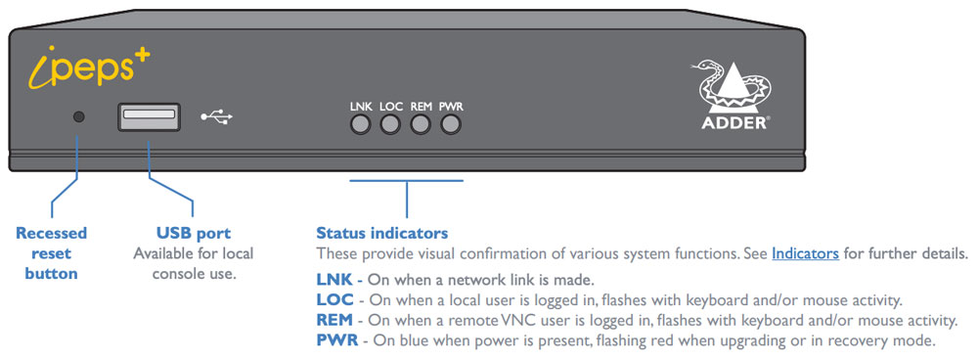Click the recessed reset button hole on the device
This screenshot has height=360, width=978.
point(79,116)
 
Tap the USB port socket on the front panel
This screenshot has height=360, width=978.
point(149,117)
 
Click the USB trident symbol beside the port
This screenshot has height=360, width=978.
point(217,116)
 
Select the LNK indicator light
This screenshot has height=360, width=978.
point(361,124)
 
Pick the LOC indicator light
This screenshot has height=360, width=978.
point(390,124)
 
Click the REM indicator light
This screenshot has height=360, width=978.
point(421,124)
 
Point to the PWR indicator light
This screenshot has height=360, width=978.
point(450,124)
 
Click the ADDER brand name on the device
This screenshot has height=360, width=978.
point(736,123)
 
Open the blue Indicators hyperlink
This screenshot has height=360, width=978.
point(805,253)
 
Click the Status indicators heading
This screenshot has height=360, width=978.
point(381,233)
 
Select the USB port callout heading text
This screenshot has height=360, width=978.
point(194,233)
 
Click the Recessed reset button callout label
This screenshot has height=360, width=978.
point(51,252)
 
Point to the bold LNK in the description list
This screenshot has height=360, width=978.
point(333,280)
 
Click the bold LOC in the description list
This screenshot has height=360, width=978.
point(334,299)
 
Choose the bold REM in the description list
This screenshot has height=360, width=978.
point(335,320)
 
